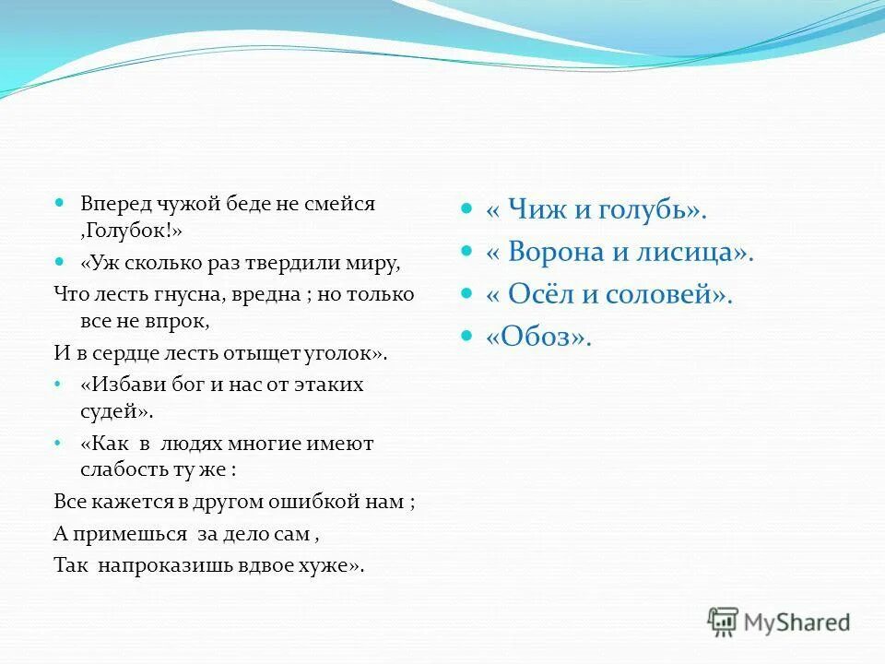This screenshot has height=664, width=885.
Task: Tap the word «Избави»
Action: pos(121,384)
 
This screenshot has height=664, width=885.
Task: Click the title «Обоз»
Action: pos(537,338)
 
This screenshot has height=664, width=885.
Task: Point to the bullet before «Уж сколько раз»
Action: pos(60,261)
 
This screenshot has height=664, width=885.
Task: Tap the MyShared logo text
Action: pos(797,622)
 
